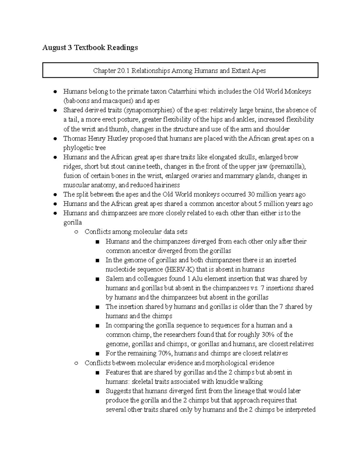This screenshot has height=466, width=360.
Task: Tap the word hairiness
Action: tap(167, 185)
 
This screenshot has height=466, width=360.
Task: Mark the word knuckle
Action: tap(230, 382)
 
